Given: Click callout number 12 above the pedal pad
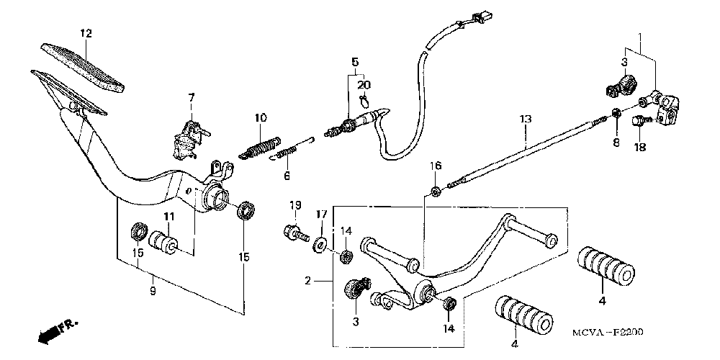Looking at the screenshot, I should (86, 33).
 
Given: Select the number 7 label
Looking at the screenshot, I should (192, 97).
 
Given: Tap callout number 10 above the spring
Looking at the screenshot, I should (260, 117).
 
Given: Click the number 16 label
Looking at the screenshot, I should (436, 166).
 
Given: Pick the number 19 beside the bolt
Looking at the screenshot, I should (294, 206).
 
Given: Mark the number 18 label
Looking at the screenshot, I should (640, 148).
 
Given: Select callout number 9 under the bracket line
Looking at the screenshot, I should (151, 291).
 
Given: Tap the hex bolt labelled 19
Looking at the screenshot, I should (295, 233).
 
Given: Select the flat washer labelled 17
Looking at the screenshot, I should (320, 239).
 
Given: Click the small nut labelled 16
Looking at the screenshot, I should (435, 191).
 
